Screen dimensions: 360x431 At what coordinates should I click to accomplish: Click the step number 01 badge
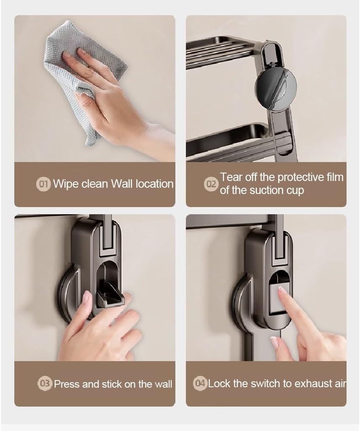coord(43,184)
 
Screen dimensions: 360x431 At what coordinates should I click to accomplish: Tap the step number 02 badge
coord(211,184)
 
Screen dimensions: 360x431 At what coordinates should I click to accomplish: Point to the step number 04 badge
coord(200,383)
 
